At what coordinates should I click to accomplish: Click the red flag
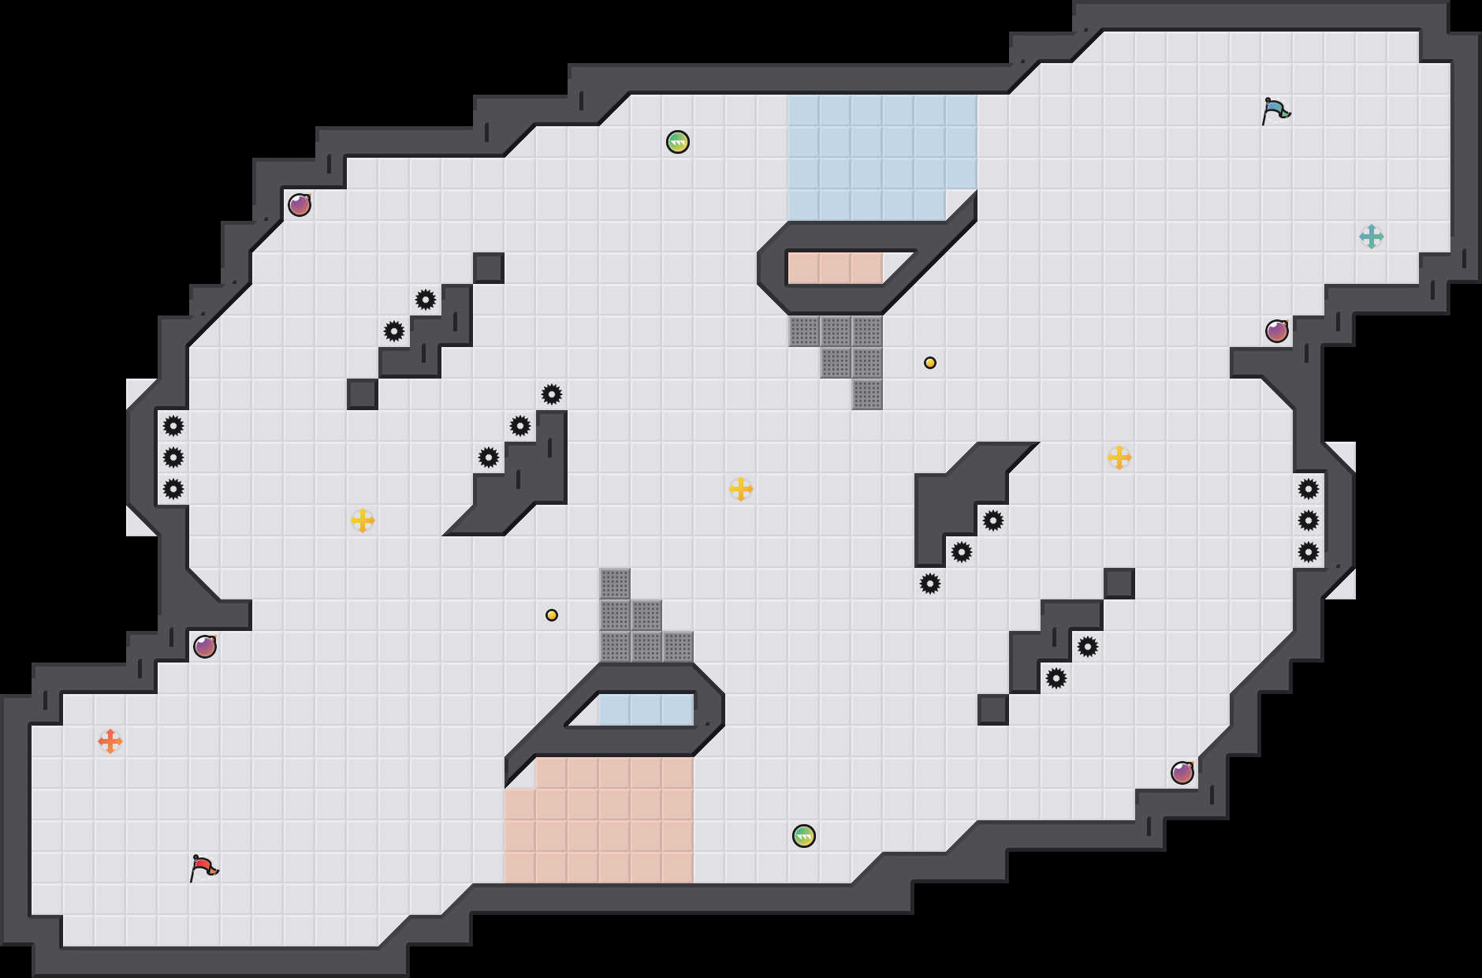[203, 868]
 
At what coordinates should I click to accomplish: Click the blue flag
[1275, 110]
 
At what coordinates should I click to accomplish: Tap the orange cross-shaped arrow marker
[110, 741]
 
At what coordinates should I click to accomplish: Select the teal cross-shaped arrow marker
[1372, 237]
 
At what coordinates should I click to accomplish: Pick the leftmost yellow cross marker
[363, 521]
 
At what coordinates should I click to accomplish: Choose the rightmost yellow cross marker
[1119, 457]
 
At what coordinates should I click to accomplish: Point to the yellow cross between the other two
[741, 489]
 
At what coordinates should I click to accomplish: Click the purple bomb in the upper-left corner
[300, 205]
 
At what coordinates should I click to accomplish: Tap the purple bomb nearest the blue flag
[1277, 331]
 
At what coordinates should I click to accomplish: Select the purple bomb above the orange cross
[205, 647]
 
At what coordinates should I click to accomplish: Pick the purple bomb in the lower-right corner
[1182, 773]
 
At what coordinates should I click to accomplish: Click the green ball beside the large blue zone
[678, 142]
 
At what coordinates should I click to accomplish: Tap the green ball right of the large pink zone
[804, 836]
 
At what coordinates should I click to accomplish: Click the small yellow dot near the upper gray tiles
[930, 363]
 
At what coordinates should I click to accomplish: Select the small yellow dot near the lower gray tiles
[552, 615]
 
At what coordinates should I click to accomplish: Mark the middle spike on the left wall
[173, 457]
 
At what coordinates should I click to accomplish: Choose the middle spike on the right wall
[1309, 521]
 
